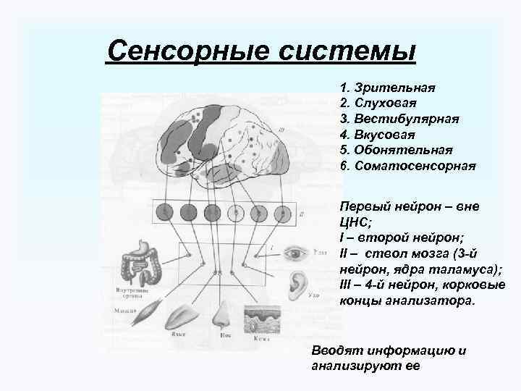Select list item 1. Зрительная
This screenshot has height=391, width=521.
pos(386,88)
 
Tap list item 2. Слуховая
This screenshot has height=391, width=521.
pos(381,104)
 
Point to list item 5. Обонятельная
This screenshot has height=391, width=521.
pos(395,150)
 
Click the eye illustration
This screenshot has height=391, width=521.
pos(297,254)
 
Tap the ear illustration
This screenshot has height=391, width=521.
pos(295,285)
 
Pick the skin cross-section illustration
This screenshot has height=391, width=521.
pos(260,318)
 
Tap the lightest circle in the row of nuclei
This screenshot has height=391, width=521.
pos(234,213)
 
